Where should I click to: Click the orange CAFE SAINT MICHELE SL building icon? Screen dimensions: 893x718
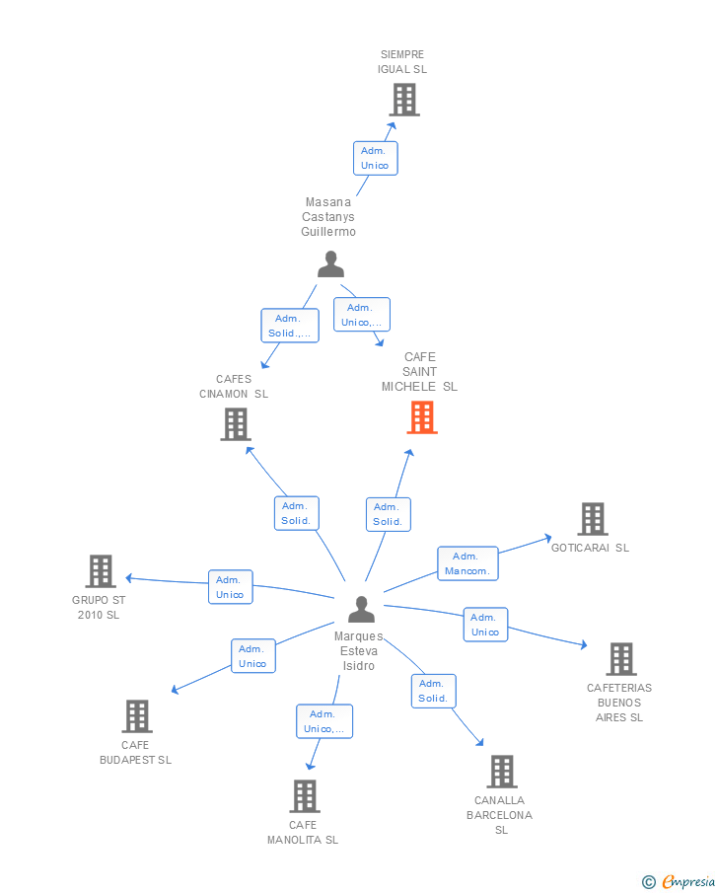coord(422,417)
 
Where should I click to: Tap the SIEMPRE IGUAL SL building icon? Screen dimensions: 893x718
coord(403,100)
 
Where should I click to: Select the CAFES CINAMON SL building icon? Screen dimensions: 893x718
coord(235,424)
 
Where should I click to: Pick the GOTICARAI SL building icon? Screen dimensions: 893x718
coord(592,519)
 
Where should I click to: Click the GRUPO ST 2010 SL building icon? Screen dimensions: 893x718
coord(101,571)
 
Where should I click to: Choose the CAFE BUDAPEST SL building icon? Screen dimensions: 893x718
coord(136,716)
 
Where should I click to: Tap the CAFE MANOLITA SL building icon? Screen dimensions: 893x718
coord(304,796)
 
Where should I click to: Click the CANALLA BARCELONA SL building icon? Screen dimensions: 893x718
coord(501,772)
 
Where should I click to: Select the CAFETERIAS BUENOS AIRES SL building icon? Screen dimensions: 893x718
coord(620,659)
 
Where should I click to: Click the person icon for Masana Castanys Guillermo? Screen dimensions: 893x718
coord(330,264)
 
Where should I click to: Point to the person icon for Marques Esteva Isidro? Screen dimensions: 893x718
coord(361,610)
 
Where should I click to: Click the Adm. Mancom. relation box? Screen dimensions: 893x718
coord(467,563)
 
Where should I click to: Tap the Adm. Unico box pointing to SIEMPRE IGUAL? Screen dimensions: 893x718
coord(375,158)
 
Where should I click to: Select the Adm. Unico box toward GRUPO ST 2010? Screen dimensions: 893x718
coord(230,587)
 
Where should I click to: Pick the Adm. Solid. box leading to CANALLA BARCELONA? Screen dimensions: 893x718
coord(433,691)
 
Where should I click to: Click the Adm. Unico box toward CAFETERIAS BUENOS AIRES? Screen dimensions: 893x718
coord(485,625)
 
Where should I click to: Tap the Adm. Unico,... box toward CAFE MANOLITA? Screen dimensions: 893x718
coord(323,721)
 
